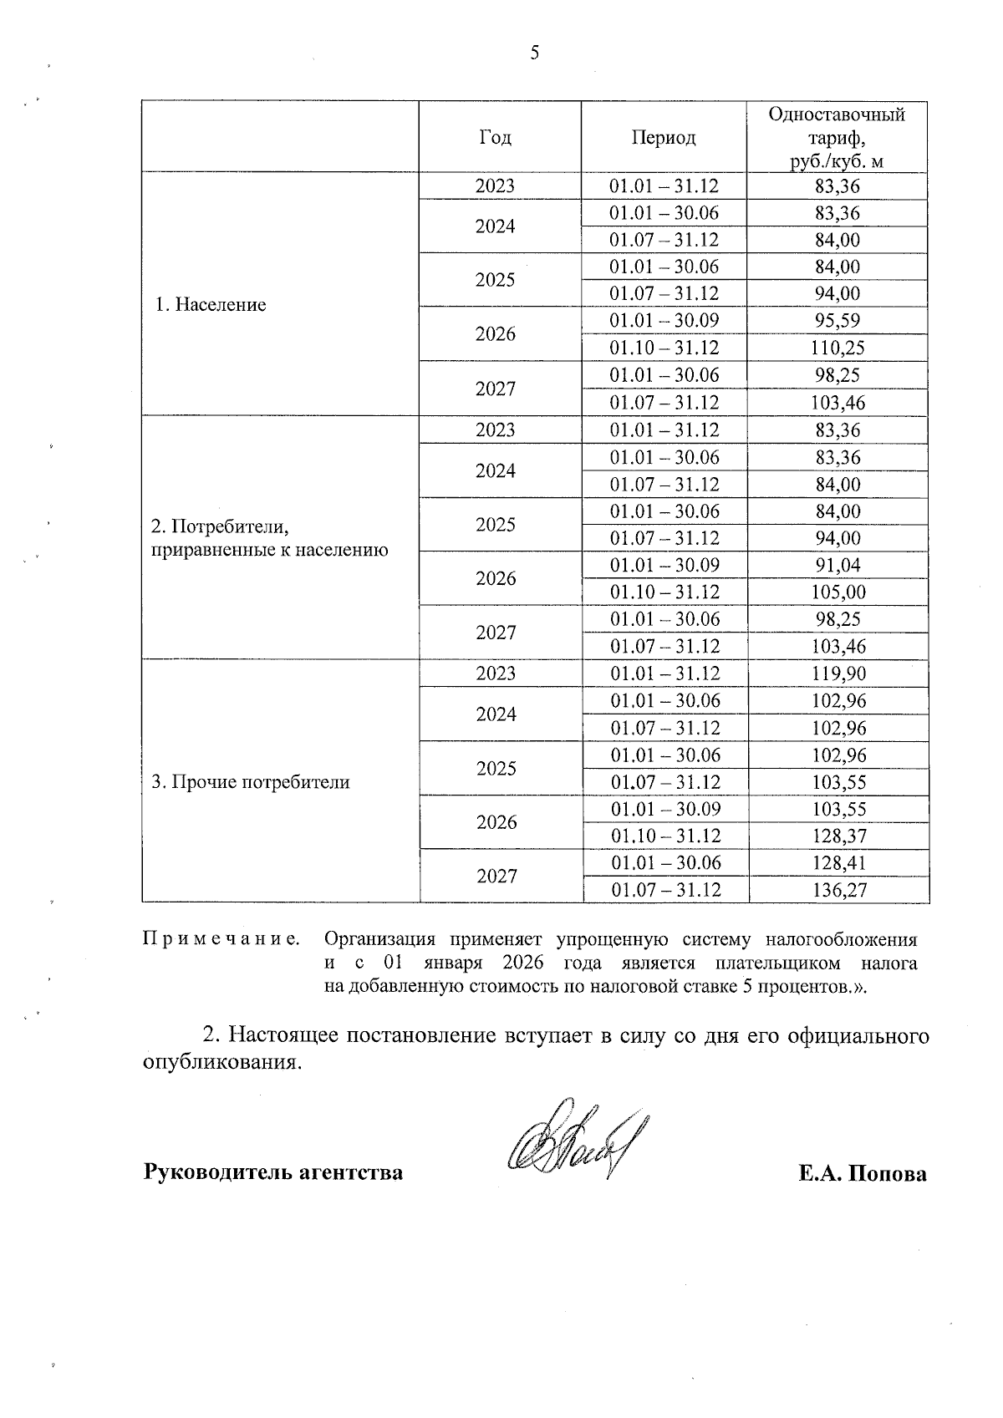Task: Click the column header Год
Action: (495, 138)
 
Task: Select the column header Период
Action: (664, 138)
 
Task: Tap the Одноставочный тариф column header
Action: (837, 138)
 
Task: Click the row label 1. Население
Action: (211, 305)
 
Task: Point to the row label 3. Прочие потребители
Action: (250, 783)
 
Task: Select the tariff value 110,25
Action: (838, 348)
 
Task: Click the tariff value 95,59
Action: (838, 321)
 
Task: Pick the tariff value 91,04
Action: (838, 565)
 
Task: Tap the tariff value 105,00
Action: (838, 592)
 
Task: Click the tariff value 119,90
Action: (838, 673)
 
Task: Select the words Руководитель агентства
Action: (273, 1172)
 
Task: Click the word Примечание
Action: (221, 940)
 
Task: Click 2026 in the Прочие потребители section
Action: (496, 822)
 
